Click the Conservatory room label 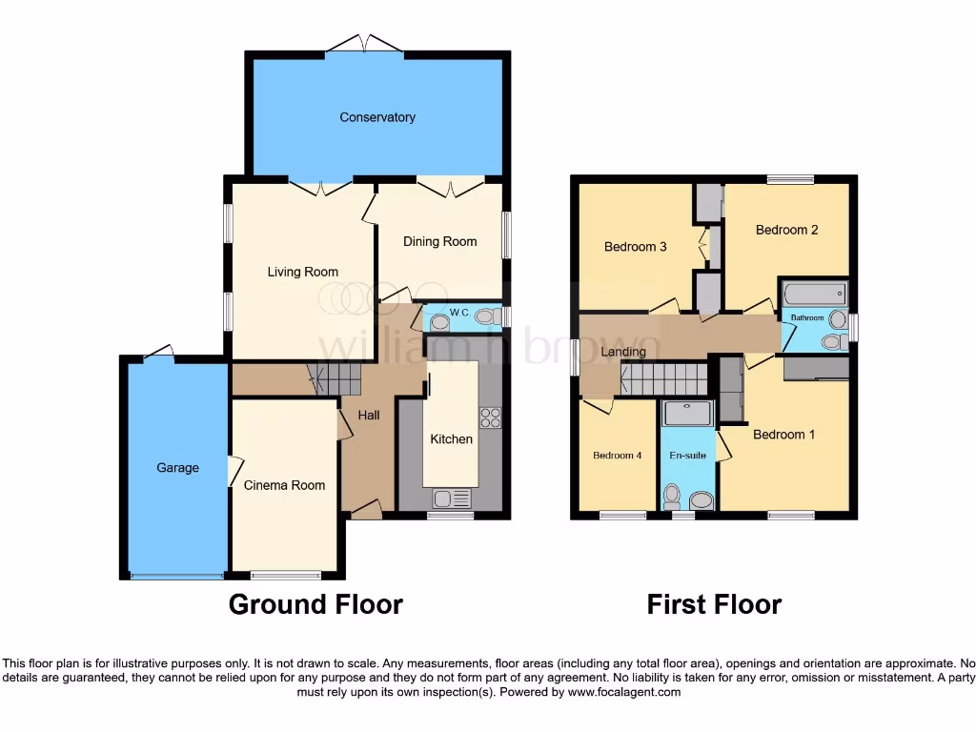pos(377,117)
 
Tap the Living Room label pos(302,272)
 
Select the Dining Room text pos(439,241)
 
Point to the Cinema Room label pos(284,485)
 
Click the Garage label pos(178,468)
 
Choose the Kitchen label pos(451,439)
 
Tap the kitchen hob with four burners pos(491,417)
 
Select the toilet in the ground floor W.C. pos(487,316)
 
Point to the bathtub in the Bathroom pos(814,294)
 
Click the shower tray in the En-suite pos(686,412)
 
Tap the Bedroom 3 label pos(636,247)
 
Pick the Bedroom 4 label pos(617,456)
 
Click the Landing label pos(623,352)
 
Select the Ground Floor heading pos(315,604)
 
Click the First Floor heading pos(714,604)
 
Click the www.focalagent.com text pos(623,692)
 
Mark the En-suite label pos(686,456)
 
